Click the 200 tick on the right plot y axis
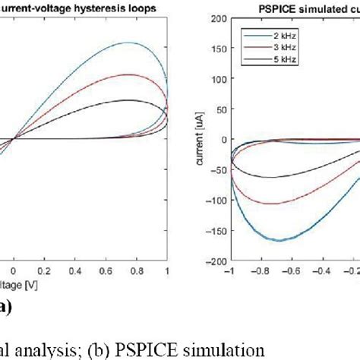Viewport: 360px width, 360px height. click(x=216, y=17)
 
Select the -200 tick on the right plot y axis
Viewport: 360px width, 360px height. click(x=215, y=261)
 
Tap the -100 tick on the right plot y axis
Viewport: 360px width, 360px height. click(x=215, y=200)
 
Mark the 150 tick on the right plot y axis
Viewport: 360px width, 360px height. click(x=216, y=48)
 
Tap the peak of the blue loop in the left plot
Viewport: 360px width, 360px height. click(x=130, y=43)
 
